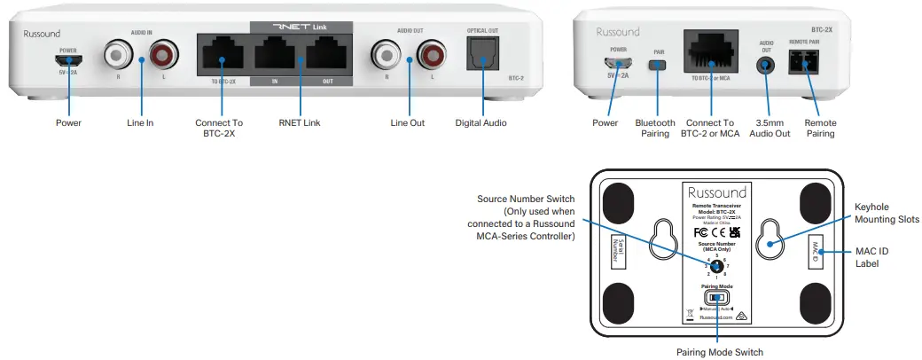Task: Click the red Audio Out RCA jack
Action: pyautogui.click(x=431, y=57)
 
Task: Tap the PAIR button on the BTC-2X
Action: pyautogui.click(x=656, y=65)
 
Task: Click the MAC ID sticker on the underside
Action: pyautogui.click(x=816, y=252)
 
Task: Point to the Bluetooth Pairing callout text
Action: pyautogui.click(x=655, y=129)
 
